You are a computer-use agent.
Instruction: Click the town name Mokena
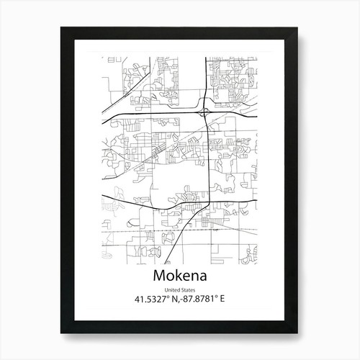coord(180,277)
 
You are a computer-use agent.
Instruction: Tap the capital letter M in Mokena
coord(160,277)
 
